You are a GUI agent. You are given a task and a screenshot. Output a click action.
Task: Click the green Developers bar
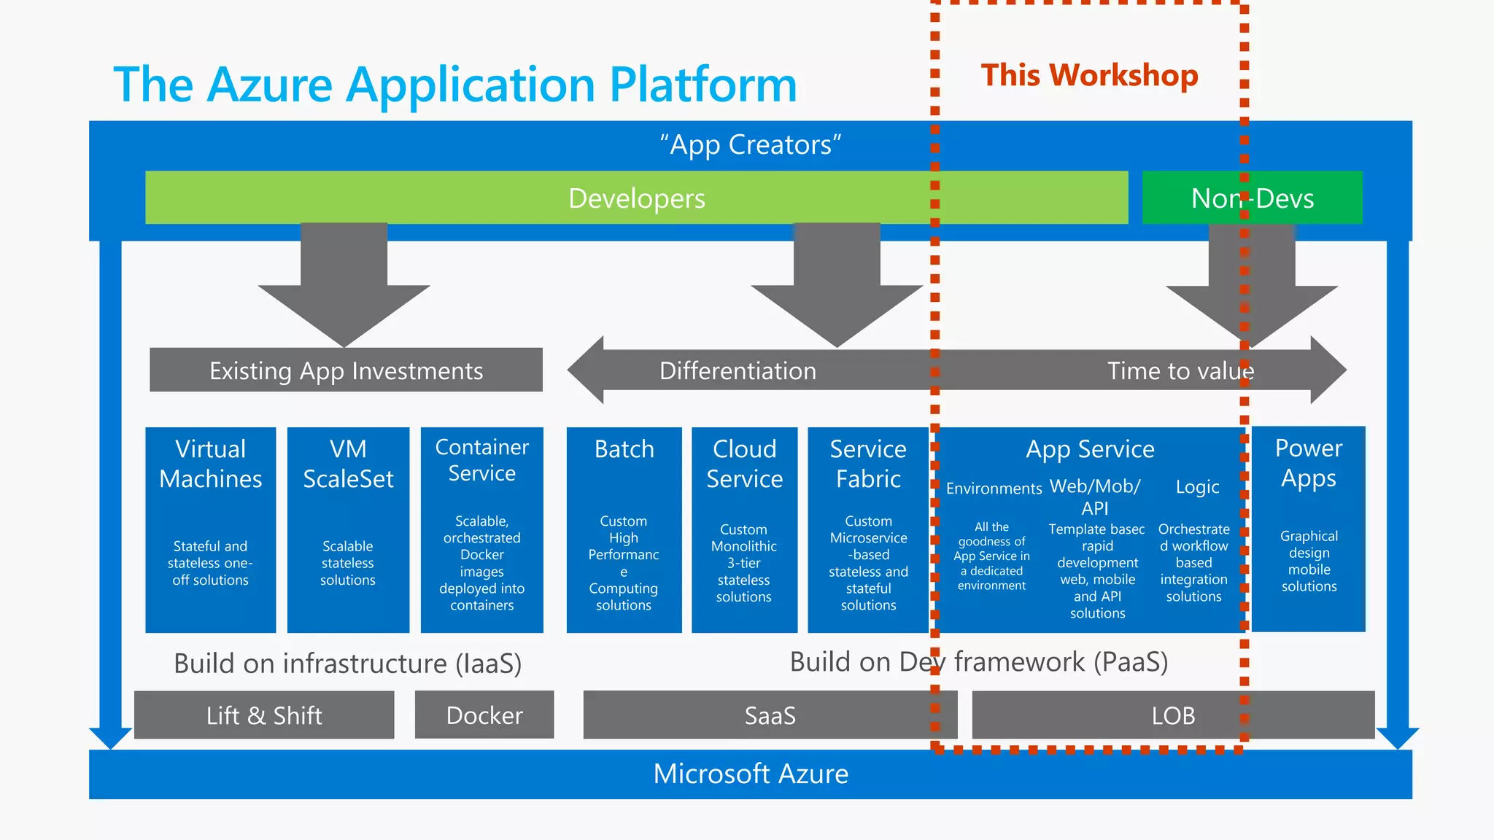636,198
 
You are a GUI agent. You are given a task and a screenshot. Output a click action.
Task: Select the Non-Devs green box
1252,198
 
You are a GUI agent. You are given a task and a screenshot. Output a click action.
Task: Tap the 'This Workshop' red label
1089,75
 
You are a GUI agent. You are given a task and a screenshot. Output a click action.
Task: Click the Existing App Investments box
346,370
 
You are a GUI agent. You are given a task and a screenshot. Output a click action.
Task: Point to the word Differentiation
738,370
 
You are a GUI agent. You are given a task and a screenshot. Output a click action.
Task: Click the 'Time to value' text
1180,370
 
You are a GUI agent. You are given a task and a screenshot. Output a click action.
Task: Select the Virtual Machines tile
211,529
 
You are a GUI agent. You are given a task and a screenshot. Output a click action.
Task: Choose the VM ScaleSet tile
348,529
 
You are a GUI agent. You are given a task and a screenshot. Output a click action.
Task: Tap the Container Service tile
481,529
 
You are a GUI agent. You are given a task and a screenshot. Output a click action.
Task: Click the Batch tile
624,529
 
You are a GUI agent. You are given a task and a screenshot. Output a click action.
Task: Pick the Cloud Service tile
744,529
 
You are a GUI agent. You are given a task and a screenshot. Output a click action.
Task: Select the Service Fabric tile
868,529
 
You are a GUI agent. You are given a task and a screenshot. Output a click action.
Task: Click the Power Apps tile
1309,529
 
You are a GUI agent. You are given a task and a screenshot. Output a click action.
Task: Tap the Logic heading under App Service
1197,487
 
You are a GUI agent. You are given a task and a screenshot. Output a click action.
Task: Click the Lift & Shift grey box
264,715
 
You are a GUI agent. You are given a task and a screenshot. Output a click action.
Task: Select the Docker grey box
484,715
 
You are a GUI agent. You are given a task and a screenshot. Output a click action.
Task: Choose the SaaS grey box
770,715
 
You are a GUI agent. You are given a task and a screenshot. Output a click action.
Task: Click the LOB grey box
1173,715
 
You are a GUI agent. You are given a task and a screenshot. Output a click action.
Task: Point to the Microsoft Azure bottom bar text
751,774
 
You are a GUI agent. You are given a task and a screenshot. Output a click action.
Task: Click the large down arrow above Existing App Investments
344,284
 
